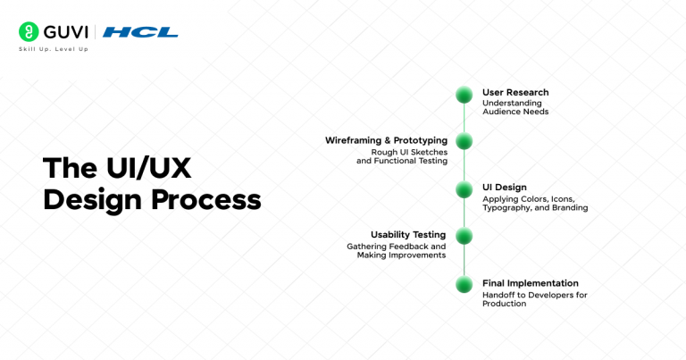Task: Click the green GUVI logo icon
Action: click(x=29, y=32)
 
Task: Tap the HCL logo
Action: click(x=140, y=32)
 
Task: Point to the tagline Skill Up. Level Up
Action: click(x=53, y=49)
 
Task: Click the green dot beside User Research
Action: click(x=464, y=95)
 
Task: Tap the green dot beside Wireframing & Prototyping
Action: click(x=464, y=141)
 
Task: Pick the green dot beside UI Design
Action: click(x=464, y=188)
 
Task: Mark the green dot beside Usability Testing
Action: click(x=464, y=236)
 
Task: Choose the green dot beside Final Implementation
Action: click(x=464, y=284)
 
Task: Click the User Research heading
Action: click(x=515, y=92)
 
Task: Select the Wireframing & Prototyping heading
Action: click(x=385, y=140)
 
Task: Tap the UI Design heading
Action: click(x=505, y=187)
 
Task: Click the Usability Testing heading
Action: click(x=408, y=235)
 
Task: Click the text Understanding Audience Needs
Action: click(x=515, y=107)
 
